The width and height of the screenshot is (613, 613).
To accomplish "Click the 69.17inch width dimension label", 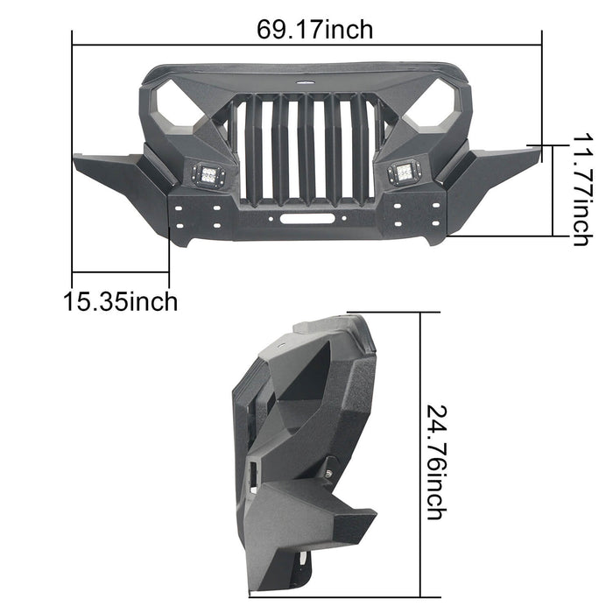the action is point(314,30).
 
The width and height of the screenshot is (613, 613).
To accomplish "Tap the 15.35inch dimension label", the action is point(121,302).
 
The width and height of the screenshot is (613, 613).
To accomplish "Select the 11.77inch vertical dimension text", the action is point(583,190).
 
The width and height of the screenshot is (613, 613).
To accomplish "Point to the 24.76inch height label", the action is point(437,462).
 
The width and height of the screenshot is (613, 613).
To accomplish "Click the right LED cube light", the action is point(405,172).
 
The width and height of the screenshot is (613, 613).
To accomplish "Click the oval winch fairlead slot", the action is point(307,219).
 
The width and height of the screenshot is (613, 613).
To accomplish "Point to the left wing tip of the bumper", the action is point(75,158).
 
